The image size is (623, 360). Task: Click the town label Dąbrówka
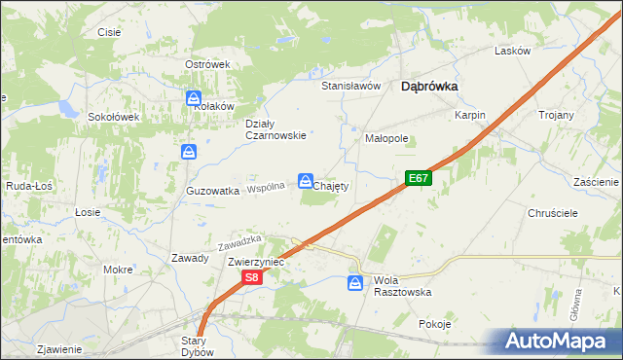click(x=429, y=86)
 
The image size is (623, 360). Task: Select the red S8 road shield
click(x=251, y=278)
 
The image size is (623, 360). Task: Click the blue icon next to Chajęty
click(x=306, y=182)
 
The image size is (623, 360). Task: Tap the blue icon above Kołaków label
click(x=193, y=98)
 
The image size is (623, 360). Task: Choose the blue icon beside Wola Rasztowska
click(x=356, y=283)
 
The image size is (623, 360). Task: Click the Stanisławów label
click(x=350, y=86)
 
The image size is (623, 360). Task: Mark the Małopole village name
click(x=386, y=139)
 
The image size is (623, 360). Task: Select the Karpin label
click(x=469, y=115)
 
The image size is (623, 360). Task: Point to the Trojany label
click(x=556, y=115)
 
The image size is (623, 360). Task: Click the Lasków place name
click(x=512, y=51)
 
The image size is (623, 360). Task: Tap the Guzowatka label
click(x=213, y=192)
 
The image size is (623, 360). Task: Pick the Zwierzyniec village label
click(x=255, y=263)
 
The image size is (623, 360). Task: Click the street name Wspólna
click(x=267, y=187)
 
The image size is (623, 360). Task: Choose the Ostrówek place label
click(x=206, y=64)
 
